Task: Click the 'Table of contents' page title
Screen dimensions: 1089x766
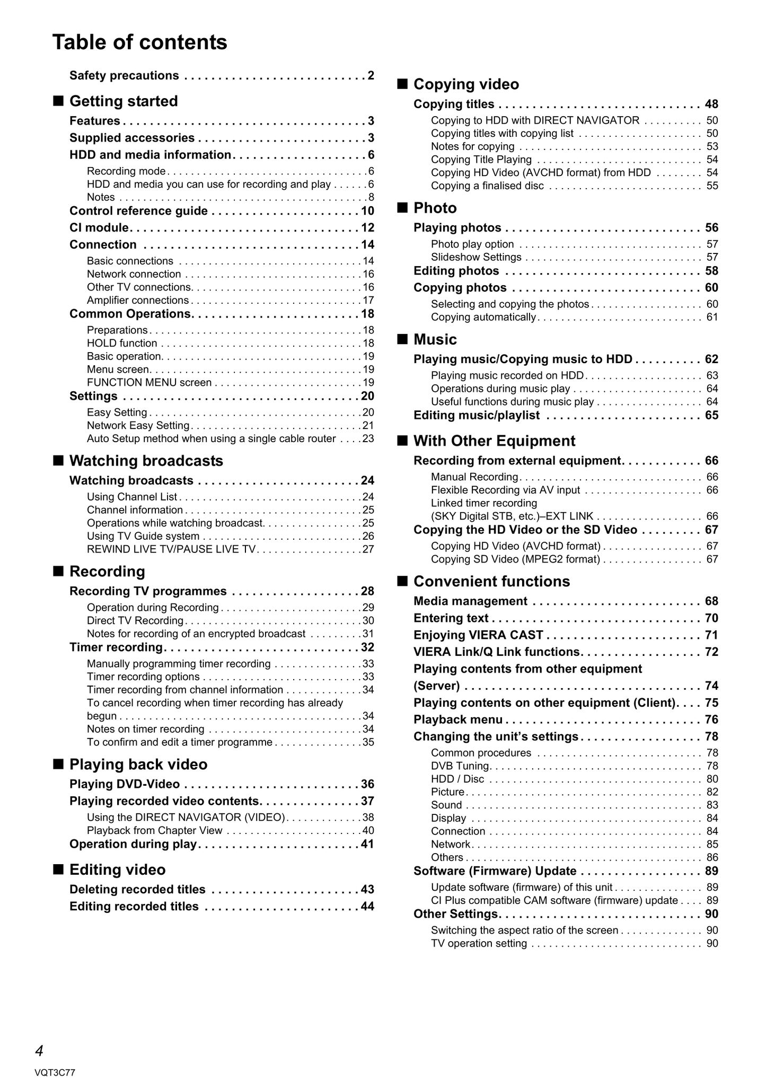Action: point(140,42)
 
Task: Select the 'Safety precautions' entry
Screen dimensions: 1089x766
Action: point(124,76)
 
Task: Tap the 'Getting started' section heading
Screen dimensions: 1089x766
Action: point(124,101)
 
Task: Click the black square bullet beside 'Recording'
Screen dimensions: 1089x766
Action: point(58,571)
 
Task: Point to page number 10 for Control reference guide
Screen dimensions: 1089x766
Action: point(367,211)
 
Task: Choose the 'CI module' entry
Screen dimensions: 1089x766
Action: point(99,228)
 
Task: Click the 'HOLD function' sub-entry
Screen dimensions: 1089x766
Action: point(122,343)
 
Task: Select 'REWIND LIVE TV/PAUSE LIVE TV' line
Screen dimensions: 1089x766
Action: point(171,549)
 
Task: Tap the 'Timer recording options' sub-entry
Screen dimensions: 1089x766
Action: point(143,677)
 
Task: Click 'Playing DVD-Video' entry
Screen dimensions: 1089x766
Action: point(125,784)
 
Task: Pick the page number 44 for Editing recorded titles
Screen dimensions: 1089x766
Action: point(367,907)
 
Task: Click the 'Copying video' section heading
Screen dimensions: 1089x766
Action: point(466,84)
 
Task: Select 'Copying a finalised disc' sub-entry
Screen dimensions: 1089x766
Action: point(487,186)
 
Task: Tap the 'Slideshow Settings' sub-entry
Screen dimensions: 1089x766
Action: point(476,257)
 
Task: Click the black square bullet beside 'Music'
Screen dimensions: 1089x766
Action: point(403,339)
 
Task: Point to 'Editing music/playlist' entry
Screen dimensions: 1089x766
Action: point(477,415)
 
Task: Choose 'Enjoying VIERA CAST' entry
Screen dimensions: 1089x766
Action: point(478,635)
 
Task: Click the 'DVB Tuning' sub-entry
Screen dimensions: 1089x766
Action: point(460,766)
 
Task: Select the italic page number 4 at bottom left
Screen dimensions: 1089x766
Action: point(39,1050)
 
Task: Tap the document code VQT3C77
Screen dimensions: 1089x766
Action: point(55,1073)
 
